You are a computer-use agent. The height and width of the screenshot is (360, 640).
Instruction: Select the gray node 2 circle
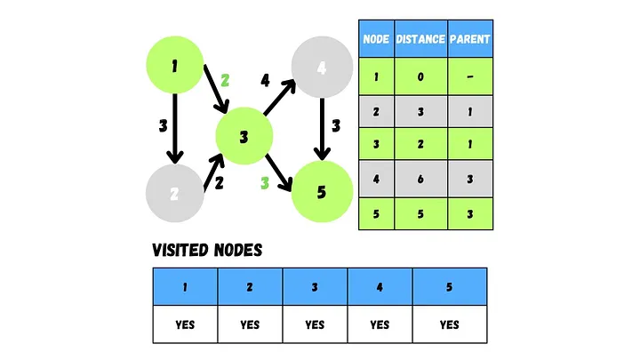[175, 193]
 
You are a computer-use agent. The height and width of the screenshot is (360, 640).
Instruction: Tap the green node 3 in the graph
[244, 138]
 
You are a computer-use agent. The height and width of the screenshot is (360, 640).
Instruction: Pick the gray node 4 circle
[321, 67]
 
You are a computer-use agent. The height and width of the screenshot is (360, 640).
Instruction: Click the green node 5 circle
[321, 191]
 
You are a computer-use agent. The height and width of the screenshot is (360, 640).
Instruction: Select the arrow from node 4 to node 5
[321, 128]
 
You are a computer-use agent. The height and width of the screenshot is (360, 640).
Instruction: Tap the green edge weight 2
[225, 80]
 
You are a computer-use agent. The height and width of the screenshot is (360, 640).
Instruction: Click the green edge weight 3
[264, 184]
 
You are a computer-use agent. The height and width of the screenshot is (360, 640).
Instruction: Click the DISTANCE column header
[420, 38]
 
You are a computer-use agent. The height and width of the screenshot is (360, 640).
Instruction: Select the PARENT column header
[470, 38]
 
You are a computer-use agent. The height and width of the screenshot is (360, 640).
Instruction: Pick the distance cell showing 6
[420, 180]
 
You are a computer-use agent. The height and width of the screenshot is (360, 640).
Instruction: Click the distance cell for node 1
[420, 76]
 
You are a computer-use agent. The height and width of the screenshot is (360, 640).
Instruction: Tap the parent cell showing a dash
[470, 76]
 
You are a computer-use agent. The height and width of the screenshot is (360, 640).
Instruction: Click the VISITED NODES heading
[207, 251]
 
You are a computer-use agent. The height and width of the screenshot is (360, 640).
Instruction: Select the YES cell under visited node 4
[380, 324]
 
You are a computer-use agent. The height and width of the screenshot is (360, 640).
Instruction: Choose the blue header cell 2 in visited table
[251, 287]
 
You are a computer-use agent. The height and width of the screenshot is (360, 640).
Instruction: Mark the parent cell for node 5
[470, 214]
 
